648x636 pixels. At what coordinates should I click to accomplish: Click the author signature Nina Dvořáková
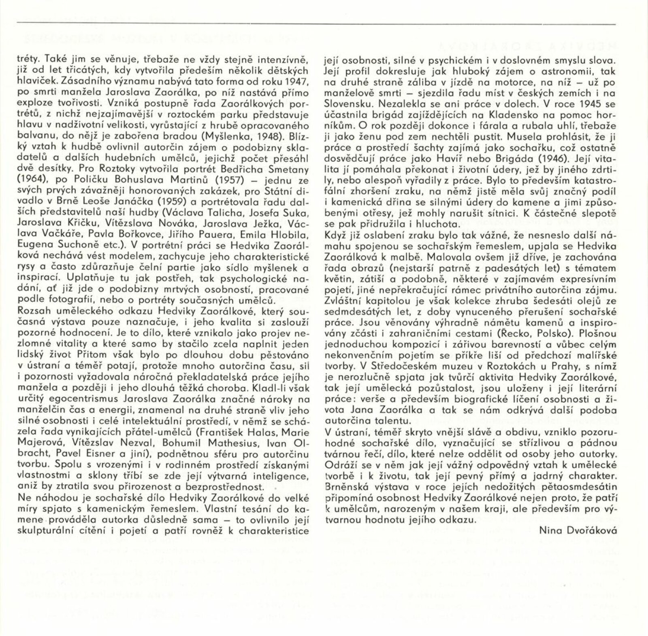click(x=578, y=529)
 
